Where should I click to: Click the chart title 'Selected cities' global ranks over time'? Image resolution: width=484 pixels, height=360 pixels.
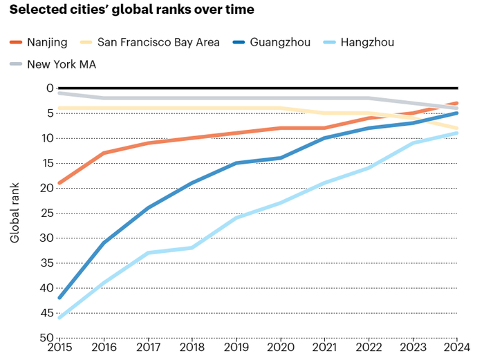coord(131,10)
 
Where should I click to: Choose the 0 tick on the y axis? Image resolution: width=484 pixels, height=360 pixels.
coord(49,88)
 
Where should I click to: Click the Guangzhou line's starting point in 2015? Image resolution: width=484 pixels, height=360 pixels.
coord(59,298)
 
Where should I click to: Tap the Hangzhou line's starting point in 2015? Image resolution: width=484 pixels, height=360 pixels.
coord(59,318)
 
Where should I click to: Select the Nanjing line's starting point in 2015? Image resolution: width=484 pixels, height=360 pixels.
coord(59,183)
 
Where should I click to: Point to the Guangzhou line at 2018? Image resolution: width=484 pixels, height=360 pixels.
coord(192,183)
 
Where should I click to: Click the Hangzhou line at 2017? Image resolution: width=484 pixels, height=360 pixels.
coord(148,253)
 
